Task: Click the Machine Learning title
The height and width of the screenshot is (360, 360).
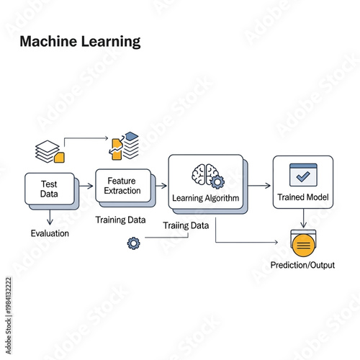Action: coord(80,42)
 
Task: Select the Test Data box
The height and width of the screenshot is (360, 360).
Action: coord(49,189)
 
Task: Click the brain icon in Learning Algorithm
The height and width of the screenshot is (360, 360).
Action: coord(204,174)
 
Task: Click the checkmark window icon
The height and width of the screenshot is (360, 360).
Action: coord(302,175)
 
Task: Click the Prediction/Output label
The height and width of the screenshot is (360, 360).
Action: coord(302,266)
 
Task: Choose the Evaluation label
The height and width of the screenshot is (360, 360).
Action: coord(50,233)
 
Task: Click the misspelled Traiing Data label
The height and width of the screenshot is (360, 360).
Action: coord(186,225)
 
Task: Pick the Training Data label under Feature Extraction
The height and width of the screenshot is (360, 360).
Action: coord(120,219)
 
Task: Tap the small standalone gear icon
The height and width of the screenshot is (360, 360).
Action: coord(132,243)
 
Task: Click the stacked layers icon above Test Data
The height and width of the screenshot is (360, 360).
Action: coord(48,149)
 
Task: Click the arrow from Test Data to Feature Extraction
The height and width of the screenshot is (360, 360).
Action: coord(85,186)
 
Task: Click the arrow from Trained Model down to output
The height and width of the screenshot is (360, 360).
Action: coord(302,218)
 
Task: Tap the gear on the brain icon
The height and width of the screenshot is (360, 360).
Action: coord(216,181)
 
